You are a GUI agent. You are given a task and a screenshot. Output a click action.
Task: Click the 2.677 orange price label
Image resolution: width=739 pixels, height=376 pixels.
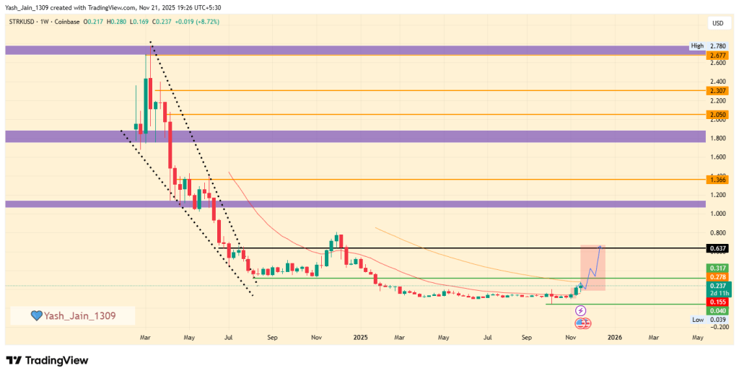click(x=717, y=55)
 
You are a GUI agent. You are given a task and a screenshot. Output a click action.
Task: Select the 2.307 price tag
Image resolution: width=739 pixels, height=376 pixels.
click(x=717, y=91)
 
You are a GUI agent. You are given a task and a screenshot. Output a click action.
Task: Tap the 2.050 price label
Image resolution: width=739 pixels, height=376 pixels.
click(x=717, y=115)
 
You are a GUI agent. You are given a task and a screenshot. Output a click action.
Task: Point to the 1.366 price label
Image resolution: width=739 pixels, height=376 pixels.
click(x=717, y=179)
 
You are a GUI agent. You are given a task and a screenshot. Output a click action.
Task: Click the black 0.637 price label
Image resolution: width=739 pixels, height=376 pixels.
click(x=717, y=248)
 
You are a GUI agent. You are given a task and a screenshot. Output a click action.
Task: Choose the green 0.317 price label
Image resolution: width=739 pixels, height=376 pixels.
click(x=717, y=268)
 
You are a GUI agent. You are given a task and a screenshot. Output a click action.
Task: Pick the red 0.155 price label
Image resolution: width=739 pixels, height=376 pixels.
click(x=717, y=302)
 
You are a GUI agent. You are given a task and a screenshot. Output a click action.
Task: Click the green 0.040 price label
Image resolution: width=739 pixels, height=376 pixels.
click(x=717, y=311)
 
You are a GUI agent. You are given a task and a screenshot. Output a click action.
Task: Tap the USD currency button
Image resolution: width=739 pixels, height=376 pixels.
click(x=717, y=23)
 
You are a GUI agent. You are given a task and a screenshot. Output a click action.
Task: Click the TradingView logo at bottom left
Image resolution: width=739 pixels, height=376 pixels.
click(x=47, y=360)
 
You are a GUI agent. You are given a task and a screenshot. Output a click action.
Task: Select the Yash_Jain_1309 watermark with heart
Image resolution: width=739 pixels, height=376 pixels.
click(x=72, y=315)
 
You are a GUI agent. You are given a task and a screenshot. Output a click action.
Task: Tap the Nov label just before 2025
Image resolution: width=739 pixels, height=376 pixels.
click(x=316, y=337)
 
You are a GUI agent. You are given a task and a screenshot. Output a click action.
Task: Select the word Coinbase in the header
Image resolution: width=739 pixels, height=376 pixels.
click(x=70, y=22)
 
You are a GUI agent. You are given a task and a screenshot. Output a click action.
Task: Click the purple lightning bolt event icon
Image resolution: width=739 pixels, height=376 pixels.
click(x=581, y=311)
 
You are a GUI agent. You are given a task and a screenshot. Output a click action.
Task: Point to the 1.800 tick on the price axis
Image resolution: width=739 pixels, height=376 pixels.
click(x=717, y=137)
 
